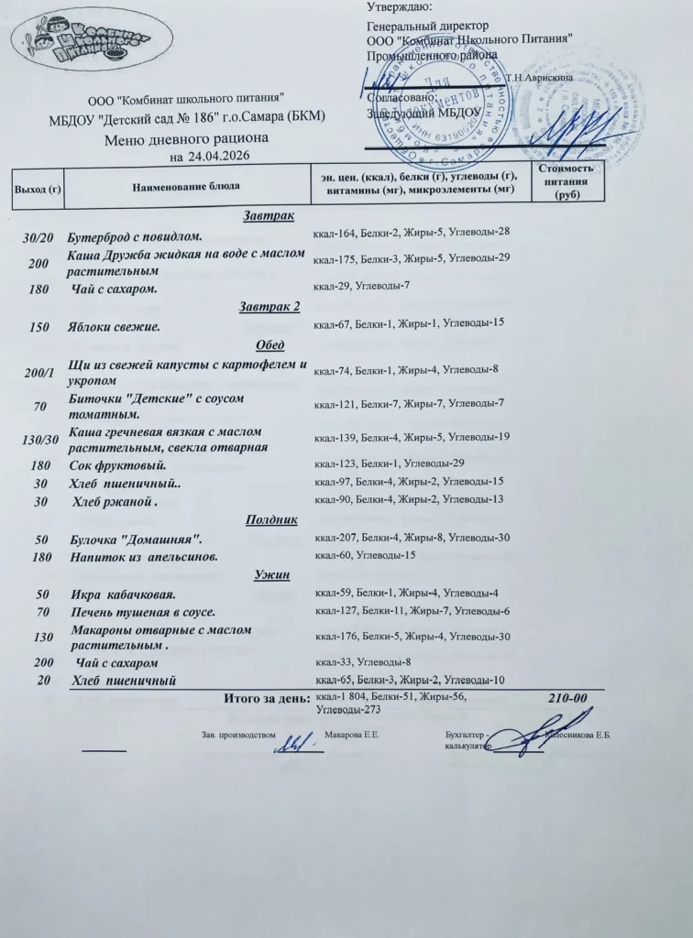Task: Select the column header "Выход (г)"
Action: pyautogui.click(x=37, y=189)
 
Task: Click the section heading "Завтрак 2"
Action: pyautogui.click(x=269, y=306)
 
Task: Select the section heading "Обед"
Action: pyautogui.click(x=269, y=344)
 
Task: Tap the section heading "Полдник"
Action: pyautogui.click(x=271, y=519)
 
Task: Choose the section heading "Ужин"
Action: pyautogui.click(x=271, y=575)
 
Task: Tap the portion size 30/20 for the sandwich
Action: pyautogui.click(x=38, y=237)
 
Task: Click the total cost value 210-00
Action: pyautogui.click(x=567, y=699)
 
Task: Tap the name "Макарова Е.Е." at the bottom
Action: pyautogui.click(x=353, y=736)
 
